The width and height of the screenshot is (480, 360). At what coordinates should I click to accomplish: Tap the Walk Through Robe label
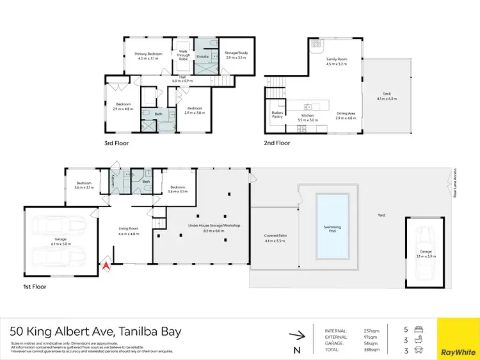[x=184, y=54]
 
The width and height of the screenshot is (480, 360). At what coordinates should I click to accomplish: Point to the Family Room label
[x=318, y=61]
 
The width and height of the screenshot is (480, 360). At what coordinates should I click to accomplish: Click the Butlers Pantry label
[x=277, y=115]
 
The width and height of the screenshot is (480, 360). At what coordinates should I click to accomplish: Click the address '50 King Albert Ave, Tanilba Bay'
[x=96, y=331]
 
